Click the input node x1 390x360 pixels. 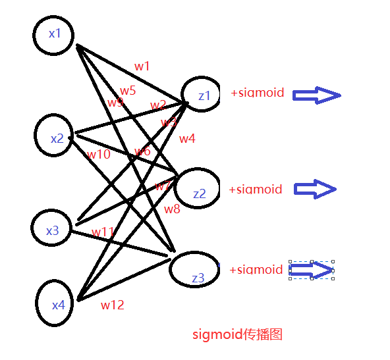pyautogui.click(x=54, y=34)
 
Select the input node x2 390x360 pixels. pyautogui.click(x=57, y=137)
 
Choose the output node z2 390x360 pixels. pyautogui.click(x=198, y=190)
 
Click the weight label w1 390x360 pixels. pyautogui.click(x=142, y=66)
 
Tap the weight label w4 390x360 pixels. pyautogui.click(x=187, y=138)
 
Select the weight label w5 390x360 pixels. pyautogui.click(x=128, y=91)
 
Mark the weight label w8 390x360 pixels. pyautogui.click(x=172, y=209)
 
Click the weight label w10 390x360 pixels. pyautogui.click(x=99, y=155)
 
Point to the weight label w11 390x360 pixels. pyautogui.click(x=103, y=232)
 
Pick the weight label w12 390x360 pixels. pyautogui.click(x=112, y=305)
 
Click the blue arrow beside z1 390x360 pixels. pyautogui.click(x=316, y=96)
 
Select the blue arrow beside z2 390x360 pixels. pyautogui.click(x=314, y=190)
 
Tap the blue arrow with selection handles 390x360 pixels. pyautogui.click(x=311, y=270)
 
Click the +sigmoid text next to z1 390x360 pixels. pyautogui.click(x=257, y=93)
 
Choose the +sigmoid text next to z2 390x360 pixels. pyautogui.click(x=255, y=190)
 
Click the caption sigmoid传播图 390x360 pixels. pyautogui.click(x=237, y=334)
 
